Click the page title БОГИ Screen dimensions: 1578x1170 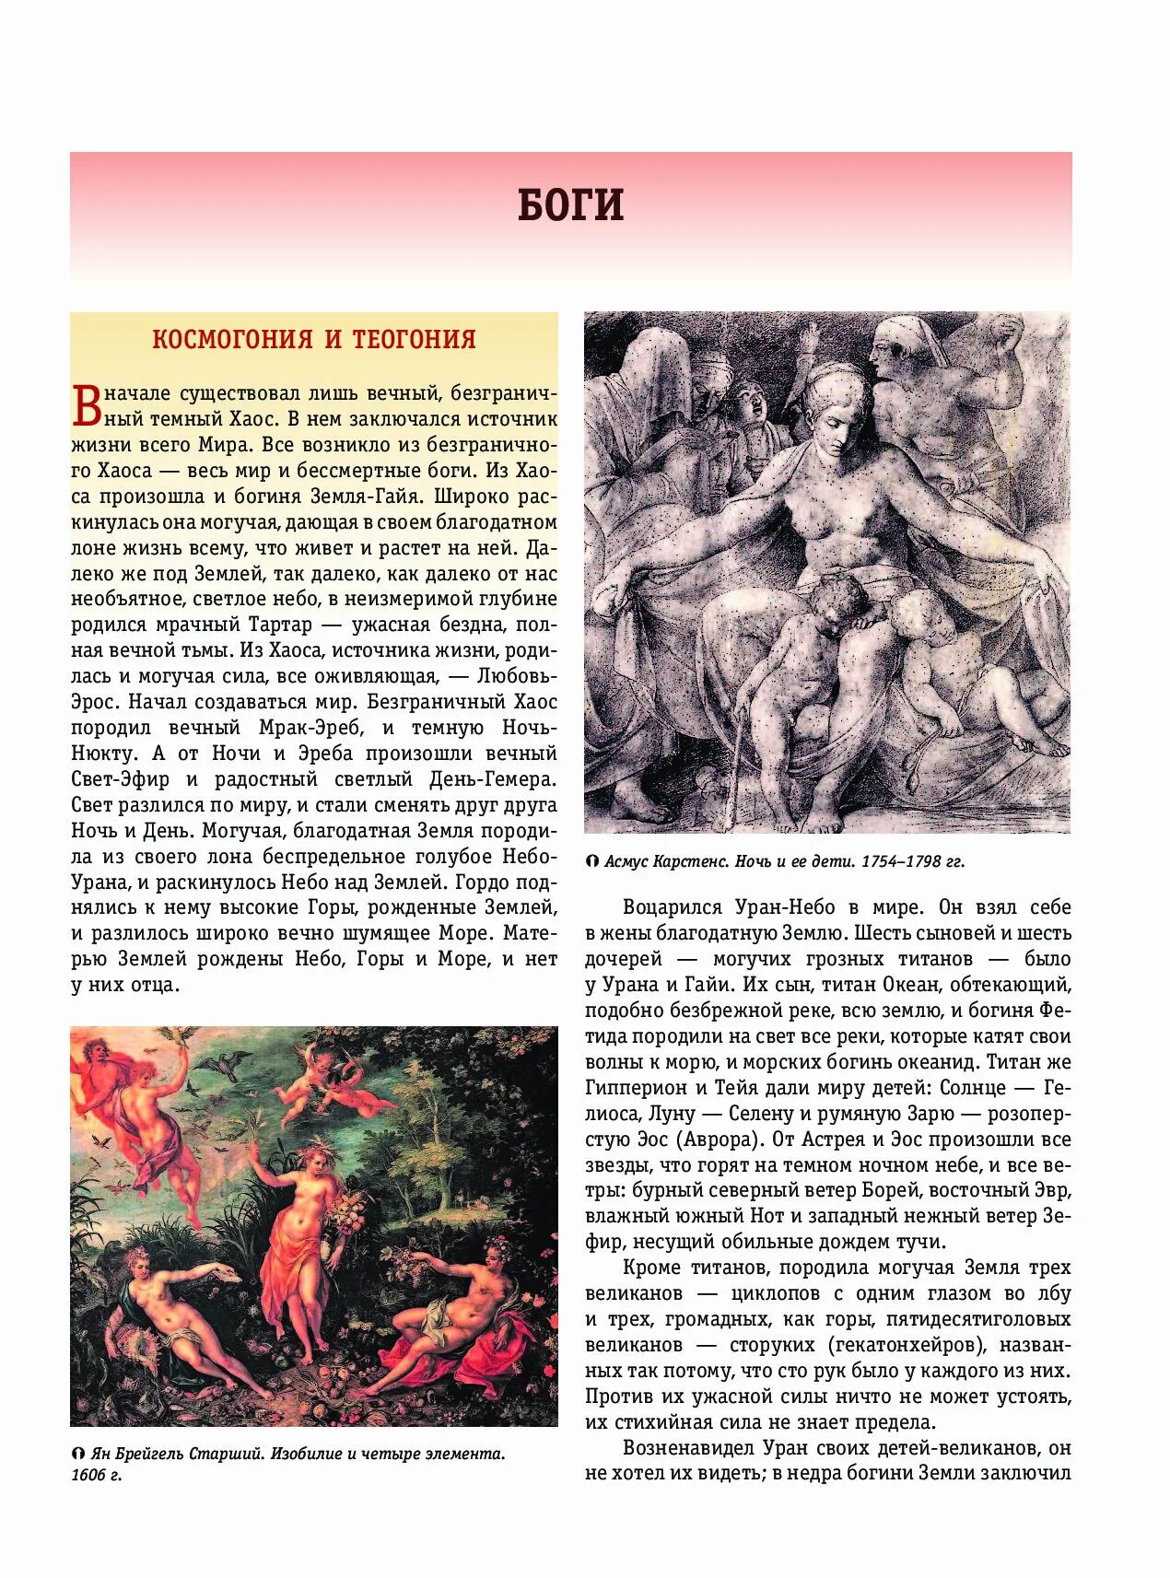[570, 205]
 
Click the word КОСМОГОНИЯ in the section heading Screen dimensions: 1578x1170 [232, 339]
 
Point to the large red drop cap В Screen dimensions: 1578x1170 [86, 406]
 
